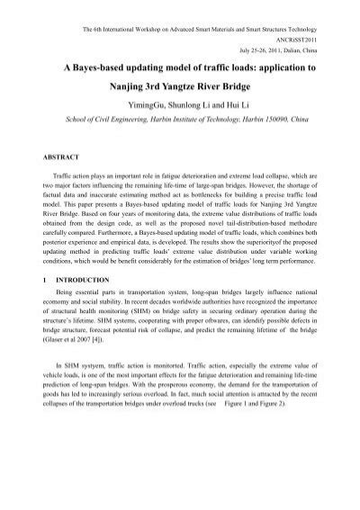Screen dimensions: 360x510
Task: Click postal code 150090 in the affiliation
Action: [266, 117]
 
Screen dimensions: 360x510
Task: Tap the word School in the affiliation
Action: [59, 117]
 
